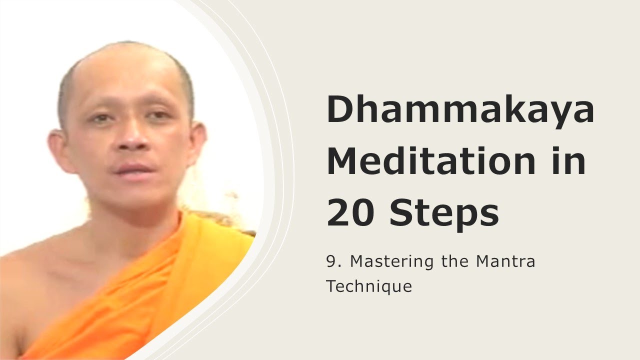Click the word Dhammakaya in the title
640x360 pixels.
coord(460,110)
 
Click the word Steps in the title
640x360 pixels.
coord(444,212)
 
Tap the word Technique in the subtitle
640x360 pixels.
coord(369,286)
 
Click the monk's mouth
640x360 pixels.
coord(131,168)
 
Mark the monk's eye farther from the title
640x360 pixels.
coord(101,119)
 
